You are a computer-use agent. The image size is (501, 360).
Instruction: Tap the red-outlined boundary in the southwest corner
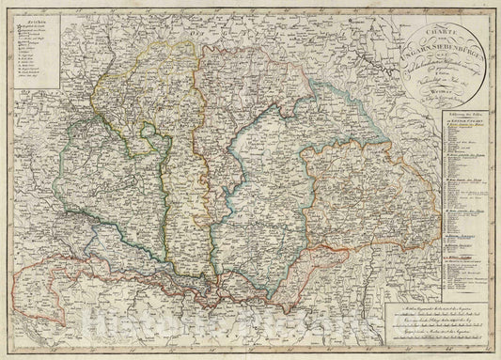coord(28,282)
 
